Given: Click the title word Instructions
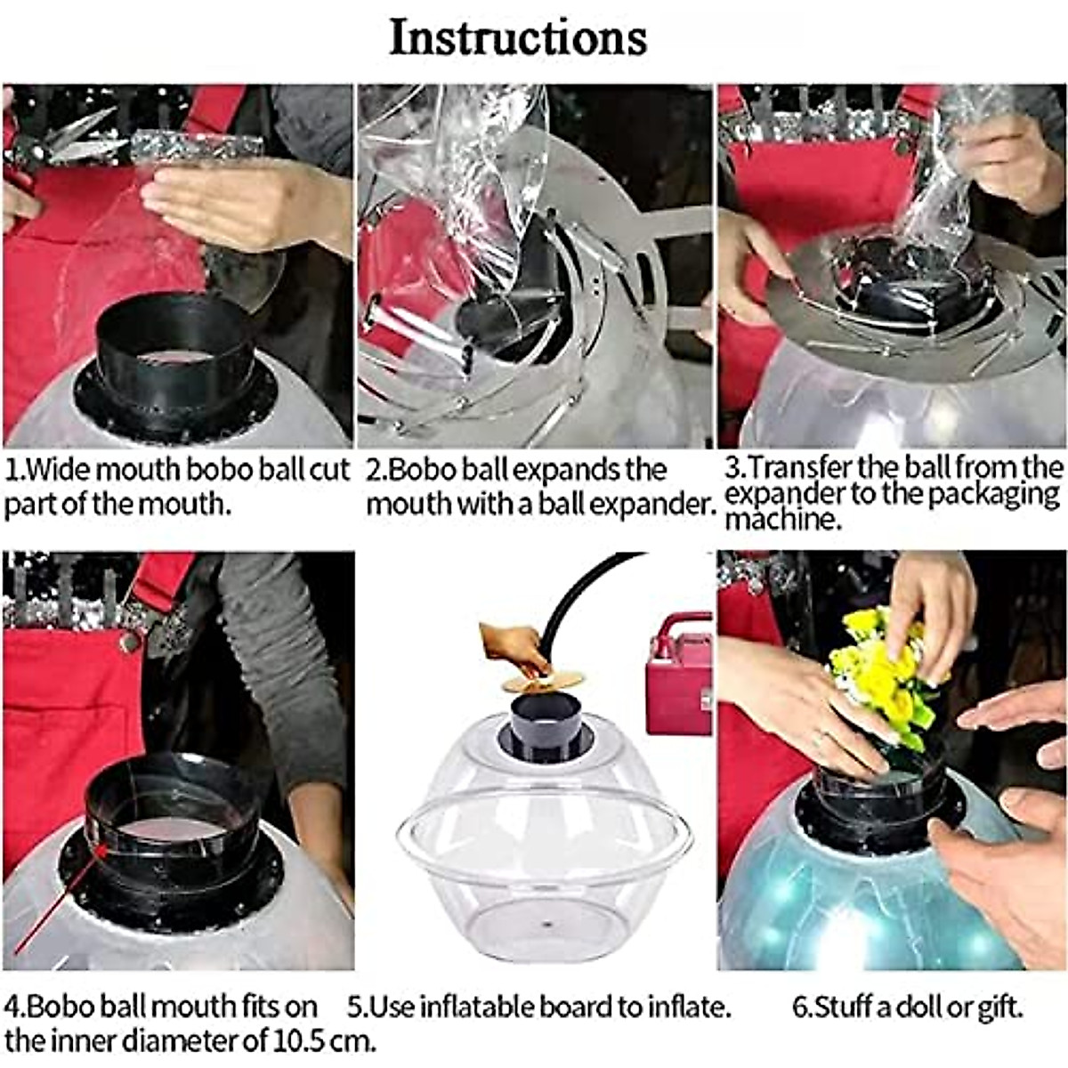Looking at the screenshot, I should click(518, 37).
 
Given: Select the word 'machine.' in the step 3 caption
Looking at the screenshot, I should click(783, 519).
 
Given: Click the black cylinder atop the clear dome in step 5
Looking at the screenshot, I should click(545, 725).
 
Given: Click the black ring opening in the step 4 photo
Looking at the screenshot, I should click(174, 819).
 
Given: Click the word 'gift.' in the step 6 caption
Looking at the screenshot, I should click(999, 1007).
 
